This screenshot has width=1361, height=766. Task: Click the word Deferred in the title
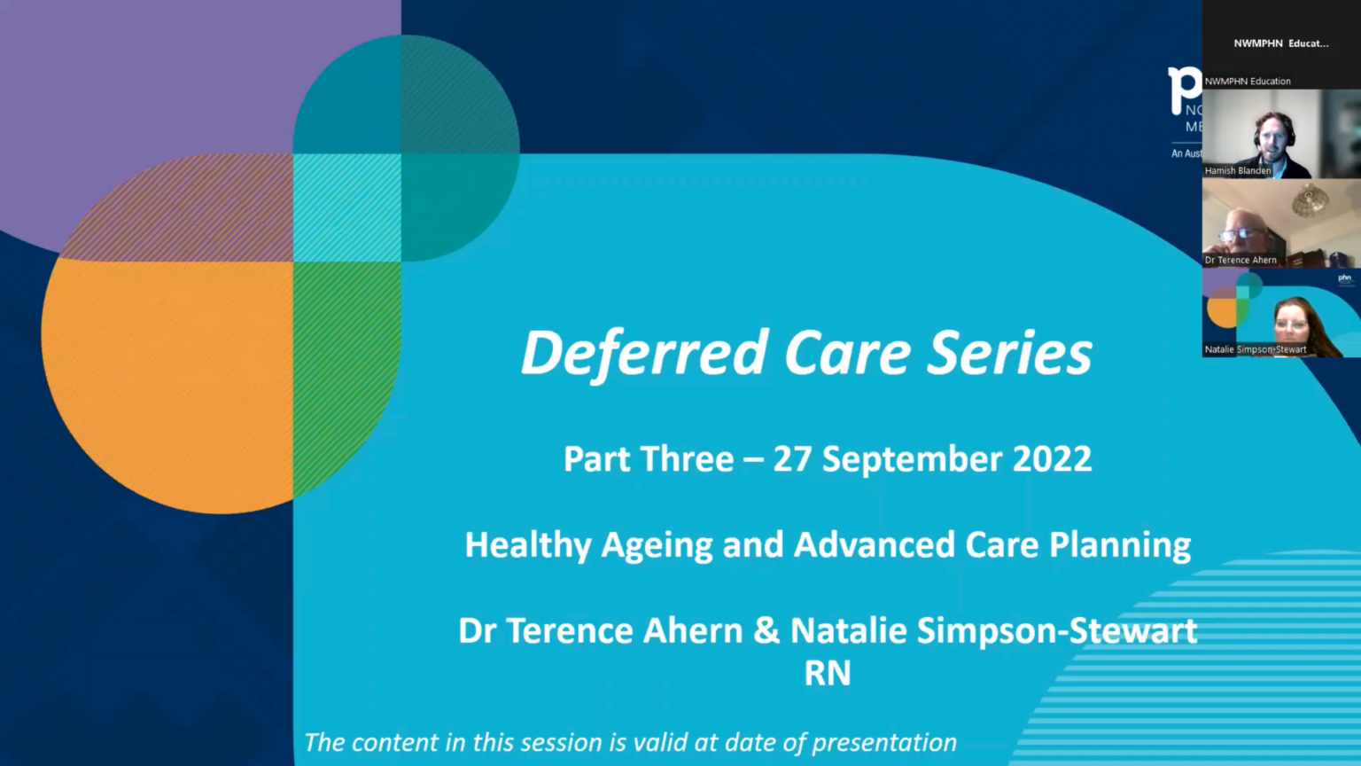(x=644, y=353)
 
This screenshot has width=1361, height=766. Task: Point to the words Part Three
(x=649, y=459)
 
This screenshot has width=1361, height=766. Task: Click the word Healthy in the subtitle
(x=527, y=545)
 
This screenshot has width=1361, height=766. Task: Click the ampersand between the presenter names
(x=766, y=631)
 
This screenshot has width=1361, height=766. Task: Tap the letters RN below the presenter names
(x=827, y=674)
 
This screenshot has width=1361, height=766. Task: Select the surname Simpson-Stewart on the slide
(x=1056, y=631)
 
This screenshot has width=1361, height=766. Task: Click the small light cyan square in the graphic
(x=346, y=207)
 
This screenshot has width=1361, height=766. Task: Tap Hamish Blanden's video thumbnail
(x=1280, y=133)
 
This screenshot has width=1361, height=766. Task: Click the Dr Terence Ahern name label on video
(x=1240, y=260)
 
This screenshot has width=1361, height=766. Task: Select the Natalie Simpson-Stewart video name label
(x=1255, y=349)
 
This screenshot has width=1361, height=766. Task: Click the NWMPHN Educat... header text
(x=1280, y=43)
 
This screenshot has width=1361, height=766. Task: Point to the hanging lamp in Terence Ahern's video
(x=1310, y=202)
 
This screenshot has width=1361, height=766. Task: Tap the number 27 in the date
(x=791, y=459)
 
